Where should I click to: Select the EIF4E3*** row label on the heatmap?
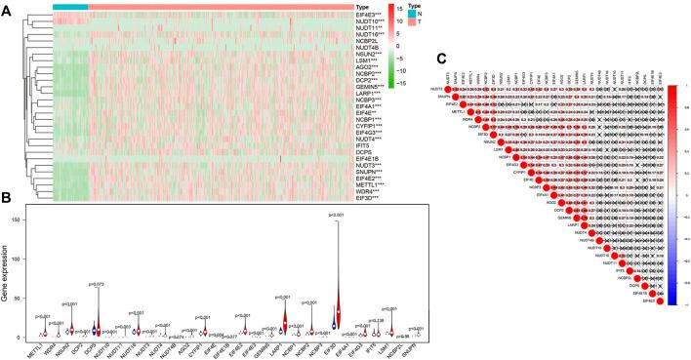pos(344,16)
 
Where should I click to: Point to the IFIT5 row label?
pos(335,144)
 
